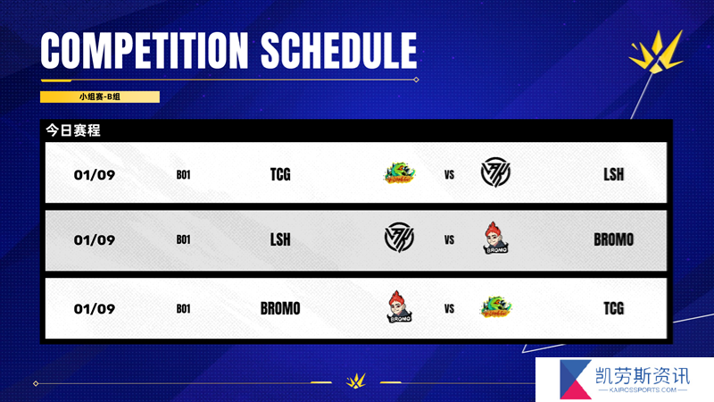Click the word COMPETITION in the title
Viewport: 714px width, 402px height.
(x=145, y=50)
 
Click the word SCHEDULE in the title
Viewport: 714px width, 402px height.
(x=339, y=50)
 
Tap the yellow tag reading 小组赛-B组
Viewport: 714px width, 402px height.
(x=100, y=96)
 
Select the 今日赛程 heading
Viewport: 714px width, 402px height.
(x=73, y=130)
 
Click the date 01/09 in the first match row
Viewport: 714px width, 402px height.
(x=95, y=174)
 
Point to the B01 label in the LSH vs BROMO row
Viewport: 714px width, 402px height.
(x=183, y=239)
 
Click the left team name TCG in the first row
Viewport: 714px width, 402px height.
(x=280, y=174)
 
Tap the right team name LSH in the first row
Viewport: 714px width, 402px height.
(x=613, y=174)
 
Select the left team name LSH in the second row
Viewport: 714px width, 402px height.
(x=280, y=239)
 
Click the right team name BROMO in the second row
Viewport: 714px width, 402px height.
(x=613, y=239)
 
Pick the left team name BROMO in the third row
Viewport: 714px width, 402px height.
(x=280, y=308)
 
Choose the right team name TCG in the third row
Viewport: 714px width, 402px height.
(x=613, y=308)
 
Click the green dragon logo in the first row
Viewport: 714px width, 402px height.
(x=399, y=172)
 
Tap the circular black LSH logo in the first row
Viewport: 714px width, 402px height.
(x=495, y=172)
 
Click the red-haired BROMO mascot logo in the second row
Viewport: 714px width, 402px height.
(x=495, y=238)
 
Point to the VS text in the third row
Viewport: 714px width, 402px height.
(x=449, y=309)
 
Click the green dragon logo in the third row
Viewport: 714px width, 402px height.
(x=495, y=306)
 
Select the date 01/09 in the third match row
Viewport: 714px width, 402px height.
(x=95, y=308)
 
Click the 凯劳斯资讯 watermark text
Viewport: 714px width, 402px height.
(x=643, y=376)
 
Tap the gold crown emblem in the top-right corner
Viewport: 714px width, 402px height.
(x=656, y=51)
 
